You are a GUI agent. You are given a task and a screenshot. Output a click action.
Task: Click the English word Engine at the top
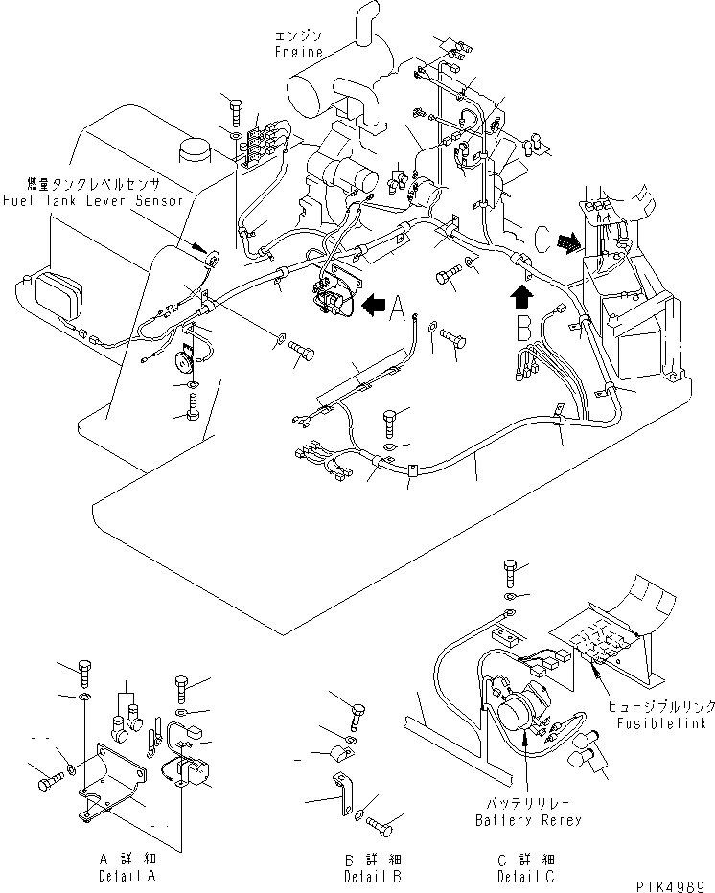[x=299, y=52]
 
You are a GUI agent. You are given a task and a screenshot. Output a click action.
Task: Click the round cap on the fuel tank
[x=196, y=149]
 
